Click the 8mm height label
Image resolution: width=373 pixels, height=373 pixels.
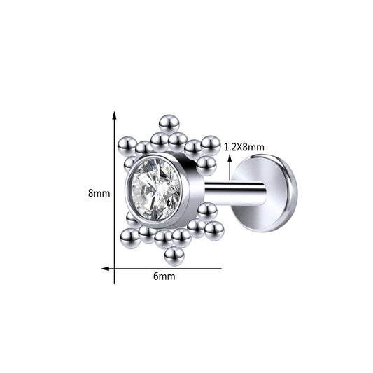(x=99, y=192)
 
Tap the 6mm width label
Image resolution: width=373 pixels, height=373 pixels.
(x=164, y=276)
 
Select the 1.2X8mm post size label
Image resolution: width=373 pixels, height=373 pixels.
(x=244, y=148)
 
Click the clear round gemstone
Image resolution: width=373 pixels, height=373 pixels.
(x=156, y=189)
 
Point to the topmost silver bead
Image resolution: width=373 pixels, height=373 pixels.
(x=169, y=123)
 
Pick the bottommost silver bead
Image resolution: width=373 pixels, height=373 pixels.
(x=174, y=256)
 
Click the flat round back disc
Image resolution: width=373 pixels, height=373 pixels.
(x=265, y=193)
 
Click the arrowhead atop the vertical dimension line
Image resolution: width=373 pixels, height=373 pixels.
(x=115, y=115)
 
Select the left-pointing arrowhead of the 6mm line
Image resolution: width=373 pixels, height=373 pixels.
(x=105, y=269)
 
